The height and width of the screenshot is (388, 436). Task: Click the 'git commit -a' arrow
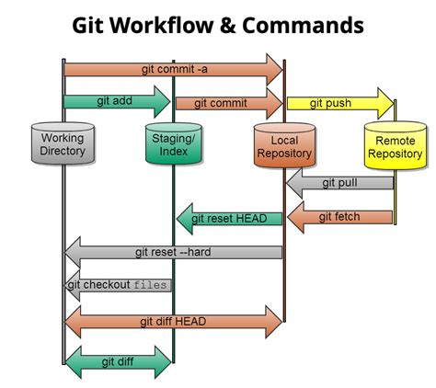(173, 69)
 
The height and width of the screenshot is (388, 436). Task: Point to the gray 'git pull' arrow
(339, 183)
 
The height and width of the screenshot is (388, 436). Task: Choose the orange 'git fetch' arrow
(339, 217)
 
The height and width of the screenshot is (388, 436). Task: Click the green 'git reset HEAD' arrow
(229, 218)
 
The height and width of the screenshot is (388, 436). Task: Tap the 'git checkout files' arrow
(118, 285)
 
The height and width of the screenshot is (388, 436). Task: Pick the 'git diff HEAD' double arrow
(173, 321)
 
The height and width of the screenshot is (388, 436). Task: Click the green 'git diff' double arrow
(118, 361)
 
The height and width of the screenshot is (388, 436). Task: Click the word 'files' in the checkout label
(151, 285)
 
